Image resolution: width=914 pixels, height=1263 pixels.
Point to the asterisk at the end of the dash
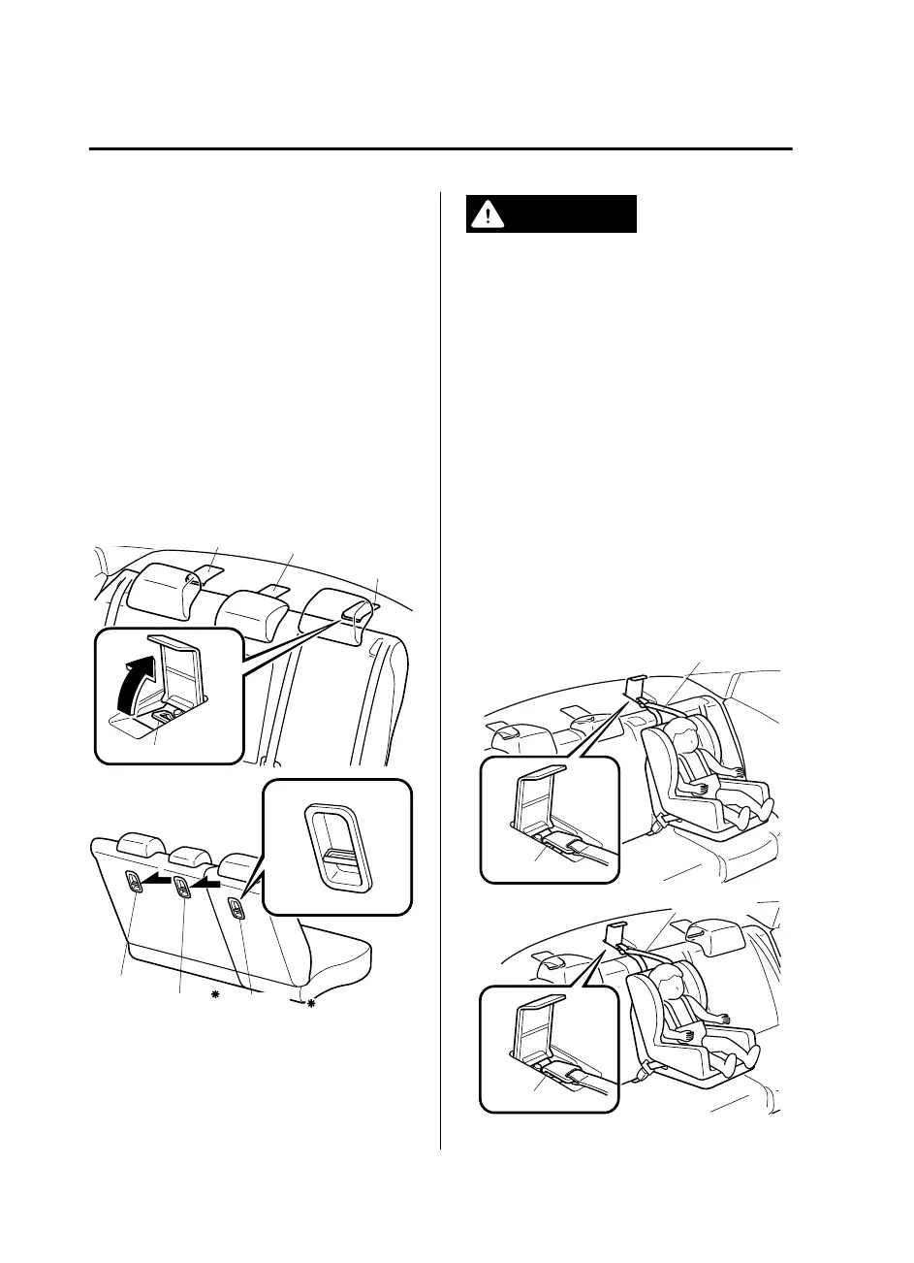pyautogui.click(x=312, y=1006)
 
